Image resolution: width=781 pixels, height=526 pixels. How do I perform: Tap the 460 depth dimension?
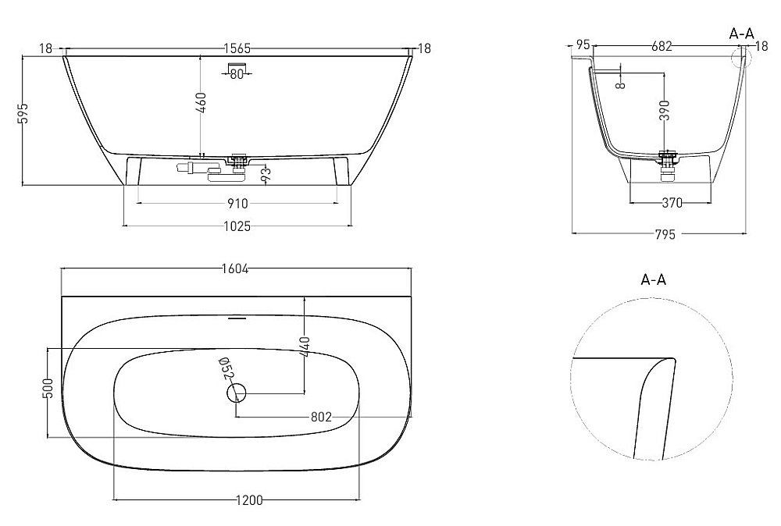point(201,103)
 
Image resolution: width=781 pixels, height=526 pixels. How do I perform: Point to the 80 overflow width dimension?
point(237,75)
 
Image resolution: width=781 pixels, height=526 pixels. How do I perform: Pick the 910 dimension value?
point(237,204)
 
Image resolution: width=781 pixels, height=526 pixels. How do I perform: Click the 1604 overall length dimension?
point(234,269)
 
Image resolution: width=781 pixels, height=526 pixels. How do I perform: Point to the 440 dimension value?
point(305,347)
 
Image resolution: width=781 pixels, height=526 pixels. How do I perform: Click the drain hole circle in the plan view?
point(237,393)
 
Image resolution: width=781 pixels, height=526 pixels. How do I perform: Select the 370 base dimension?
point(672,204)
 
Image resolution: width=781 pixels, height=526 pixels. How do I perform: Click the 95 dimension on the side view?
point(582,44)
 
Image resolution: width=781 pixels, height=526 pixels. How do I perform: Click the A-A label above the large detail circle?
point(653,279)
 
